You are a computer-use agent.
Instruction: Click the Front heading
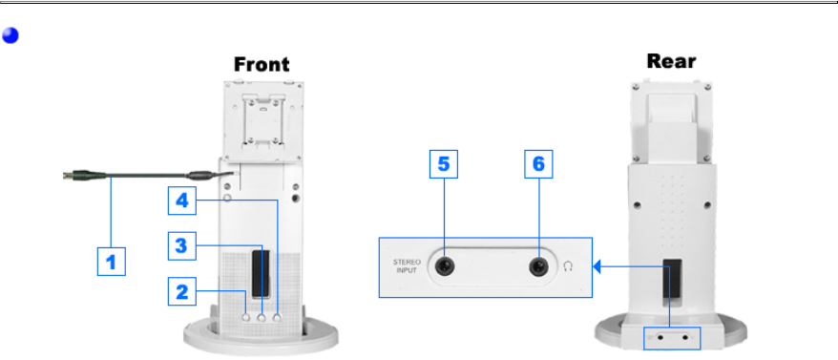click(262, 65)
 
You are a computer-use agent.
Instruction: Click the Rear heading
click(671, 61)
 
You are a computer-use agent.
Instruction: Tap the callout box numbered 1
click(111, 262)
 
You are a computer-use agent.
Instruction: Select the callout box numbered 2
click(181, 291)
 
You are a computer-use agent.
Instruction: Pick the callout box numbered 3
click(181, 245)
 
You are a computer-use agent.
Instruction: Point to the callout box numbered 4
click(181, 201)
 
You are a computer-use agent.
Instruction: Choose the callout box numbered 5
click(444, 164)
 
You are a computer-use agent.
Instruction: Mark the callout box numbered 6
click(538, 164)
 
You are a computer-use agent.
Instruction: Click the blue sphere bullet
click(10, 35)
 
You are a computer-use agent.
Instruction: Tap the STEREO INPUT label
click(407, 265)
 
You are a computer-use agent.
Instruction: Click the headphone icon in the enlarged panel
click(568, 265)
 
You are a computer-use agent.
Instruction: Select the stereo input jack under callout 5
click(445, 265)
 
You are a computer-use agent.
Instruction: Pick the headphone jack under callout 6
click(538, 265)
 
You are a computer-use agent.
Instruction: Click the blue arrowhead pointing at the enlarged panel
click(597, 265)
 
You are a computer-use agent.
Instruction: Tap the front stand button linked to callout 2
click(246, 317)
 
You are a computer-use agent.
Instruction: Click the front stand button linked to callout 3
click(262, 317)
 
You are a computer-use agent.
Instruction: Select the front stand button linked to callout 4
click(277, 317)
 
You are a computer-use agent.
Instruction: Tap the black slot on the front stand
click(261, 274)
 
